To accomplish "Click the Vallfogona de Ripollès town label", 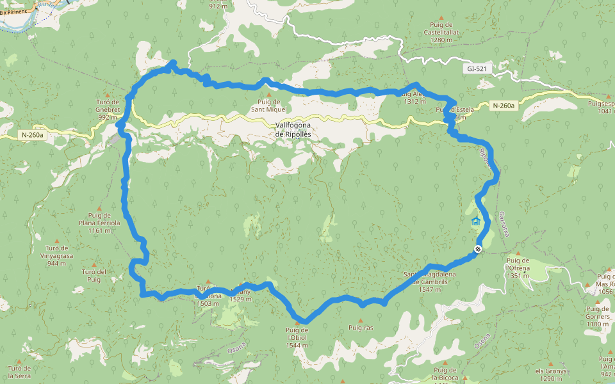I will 293,130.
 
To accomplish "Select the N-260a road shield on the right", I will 504,106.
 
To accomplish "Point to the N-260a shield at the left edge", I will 32,135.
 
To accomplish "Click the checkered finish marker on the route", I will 478,249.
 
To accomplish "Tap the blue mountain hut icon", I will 475,221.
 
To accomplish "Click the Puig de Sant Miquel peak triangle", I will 269,95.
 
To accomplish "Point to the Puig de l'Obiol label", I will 297,337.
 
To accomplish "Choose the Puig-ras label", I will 361,328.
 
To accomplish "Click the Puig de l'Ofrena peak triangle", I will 518,253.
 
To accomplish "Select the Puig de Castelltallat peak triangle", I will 441,17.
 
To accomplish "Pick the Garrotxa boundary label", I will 502,223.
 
